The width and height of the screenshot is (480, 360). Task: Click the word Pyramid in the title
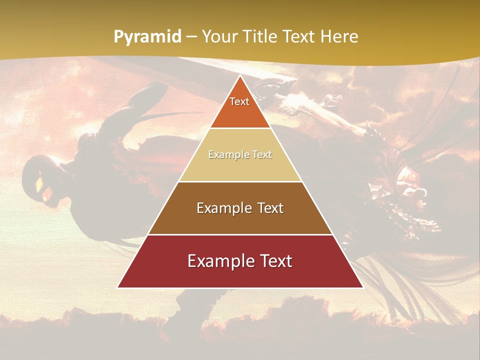click(x=147, y=37)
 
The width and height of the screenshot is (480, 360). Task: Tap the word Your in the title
click(x=218, y=37)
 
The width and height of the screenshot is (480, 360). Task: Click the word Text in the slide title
click(x=299, y=37)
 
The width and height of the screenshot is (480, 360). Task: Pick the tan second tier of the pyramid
click(x=240, y=167)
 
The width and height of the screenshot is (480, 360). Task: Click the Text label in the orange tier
click(x=239, y=101)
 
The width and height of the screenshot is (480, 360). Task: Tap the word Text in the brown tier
click(x=270, y=208)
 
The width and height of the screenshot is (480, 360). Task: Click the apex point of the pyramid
click(x=240, y=76)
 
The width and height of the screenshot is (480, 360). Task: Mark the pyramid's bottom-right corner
click(x=362, y=287)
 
